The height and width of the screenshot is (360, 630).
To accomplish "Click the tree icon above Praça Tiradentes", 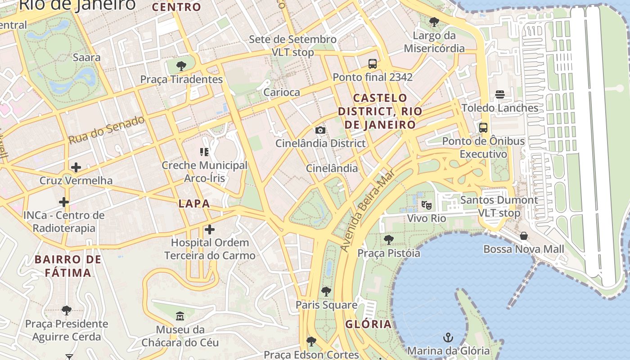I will coord(181,66).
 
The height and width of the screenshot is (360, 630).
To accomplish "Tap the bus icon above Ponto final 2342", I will coord(373,64).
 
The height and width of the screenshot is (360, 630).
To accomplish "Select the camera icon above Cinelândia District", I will coord(320,130).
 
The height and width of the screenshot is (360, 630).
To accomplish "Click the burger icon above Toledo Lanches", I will coord(500,94).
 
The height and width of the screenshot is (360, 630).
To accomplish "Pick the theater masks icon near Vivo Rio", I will coord(427,205).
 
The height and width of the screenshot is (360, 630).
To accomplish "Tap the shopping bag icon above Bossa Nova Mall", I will coord(524,236).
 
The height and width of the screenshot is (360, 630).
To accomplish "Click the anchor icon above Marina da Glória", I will coord(448,337).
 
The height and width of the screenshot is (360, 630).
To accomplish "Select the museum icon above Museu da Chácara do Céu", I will coord(180,316).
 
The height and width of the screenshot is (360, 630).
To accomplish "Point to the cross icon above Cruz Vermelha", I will coord(76,167).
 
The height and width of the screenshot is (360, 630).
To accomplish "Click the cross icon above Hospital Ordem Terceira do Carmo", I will coord(210,229).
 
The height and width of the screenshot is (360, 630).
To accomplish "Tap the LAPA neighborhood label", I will coord(194,203).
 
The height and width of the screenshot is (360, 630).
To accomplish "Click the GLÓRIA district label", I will coord(369,324).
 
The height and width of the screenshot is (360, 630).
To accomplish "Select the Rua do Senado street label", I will coord(107,130).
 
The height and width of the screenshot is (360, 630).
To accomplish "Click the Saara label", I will coord(87,58).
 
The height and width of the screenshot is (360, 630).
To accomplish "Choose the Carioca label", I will coord(282,92).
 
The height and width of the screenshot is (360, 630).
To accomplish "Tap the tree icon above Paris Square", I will coord(326,292).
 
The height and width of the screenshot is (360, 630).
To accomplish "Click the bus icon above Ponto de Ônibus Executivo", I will coord(483,128).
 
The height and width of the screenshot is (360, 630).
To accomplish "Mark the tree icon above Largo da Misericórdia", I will coord(434,22).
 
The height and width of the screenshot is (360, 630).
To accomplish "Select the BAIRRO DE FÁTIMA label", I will coord(68,266).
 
